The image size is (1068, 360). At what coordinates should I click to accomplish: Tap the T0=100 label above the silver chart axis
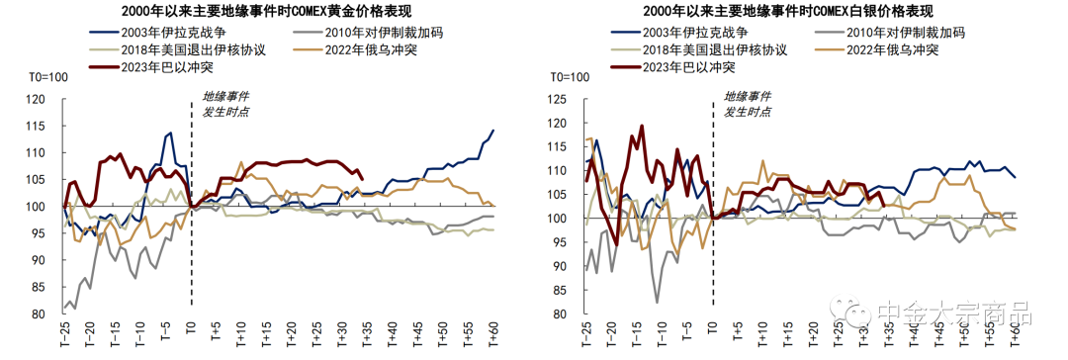tap(569, 77)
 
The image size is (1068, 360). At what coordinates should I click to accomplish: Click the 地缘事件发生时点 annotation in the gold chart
tap(226, 104)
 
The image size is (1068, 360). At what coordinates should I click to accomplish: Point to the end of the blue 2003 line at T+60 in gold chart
tap(493, 131)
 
